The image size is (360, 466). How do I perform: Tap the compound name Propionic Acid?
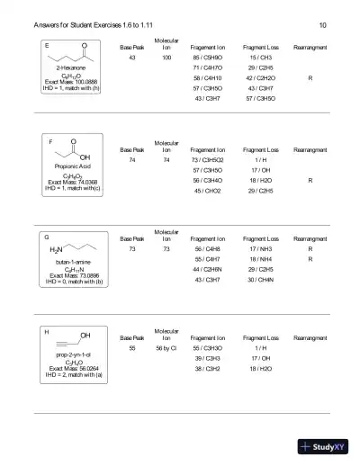click(69, 167)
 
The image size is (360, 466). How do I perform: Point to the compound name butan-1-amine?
click(69, 262)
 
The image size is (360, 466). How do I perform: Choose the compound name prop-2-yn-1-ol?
click(69, 355)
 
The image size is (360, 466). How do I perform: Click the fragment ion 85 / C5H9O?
click(208, 58)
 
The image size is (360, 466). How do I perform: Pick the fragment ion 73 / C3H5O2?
click(208, 159)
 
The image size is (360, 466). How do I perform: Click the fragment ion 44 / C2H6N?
click(208, 269)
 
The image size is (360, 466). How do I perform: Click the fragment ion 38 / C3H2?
click(208, 368)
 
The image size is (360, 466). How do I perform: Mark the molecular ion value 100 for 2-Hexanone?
click(166, 58)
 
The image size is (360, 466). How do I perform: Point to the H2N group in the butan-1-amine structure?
click(57, 247)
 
